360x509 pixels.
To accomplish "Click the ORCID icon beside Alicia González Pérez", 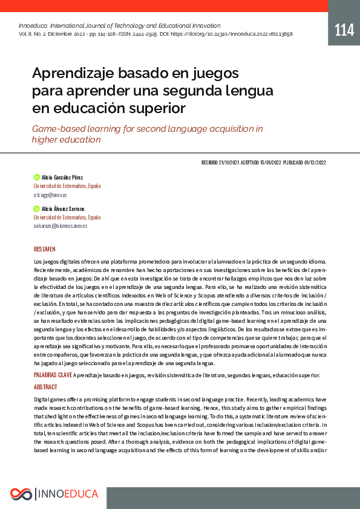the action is (36, 177).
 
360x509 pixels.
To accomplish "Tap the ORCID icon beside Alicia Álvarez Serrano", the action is (36, 208).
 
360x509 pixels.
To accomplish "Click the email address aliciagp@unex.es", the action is (50, 195).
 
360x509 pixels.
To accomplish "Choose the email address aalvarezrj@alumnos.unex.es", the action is (61, 225).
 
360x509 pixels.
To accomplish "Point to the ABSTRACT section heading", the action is (45, 386).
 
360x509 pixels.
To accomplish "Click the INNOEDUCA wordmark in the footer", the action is (68, 494).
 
